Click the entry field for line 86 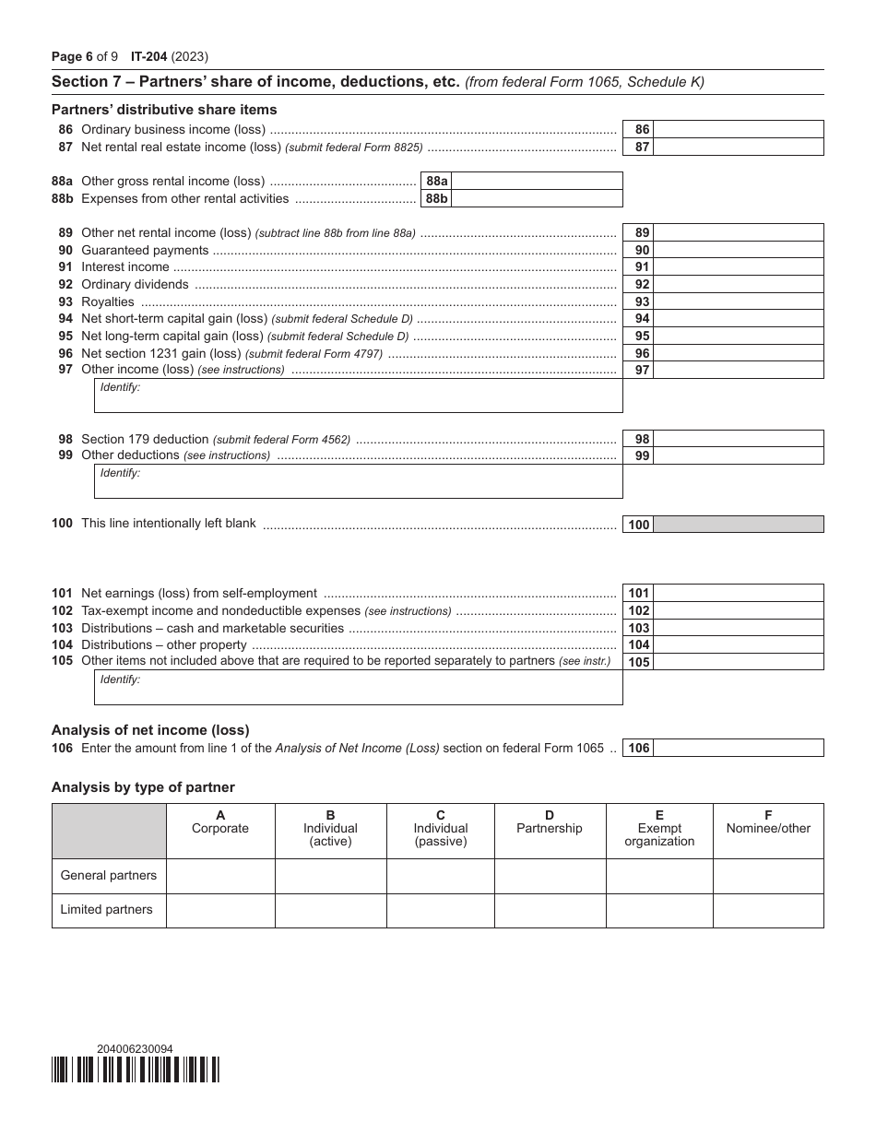pos(738,130)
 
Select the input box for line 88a pos(537,182)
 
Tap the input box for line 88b pos(537,198)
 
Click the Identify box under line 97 pos(359,396)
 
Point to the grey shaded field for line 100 pos(738,525)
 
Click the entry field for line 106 pos(738,749)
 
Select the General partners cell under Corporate pos(220,876)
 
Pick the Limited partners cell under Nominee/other pos(768,910)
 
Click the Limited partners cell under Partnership pos(550,910)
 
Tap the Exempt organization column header pos(659,828)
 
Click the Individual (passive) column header pos(440,828)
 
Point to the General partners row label pos(109,876)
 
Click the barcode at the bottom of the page pos(136,1069)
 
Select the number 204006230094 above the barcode pos(135,1048)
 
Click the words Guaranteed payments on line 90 pos(145,250)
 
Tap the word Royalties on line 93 pos(108,301)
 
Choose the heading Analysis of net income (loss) pos(150,730)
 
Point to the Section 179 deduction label pos(146,439)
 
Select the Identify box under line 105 pos(359,688)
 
